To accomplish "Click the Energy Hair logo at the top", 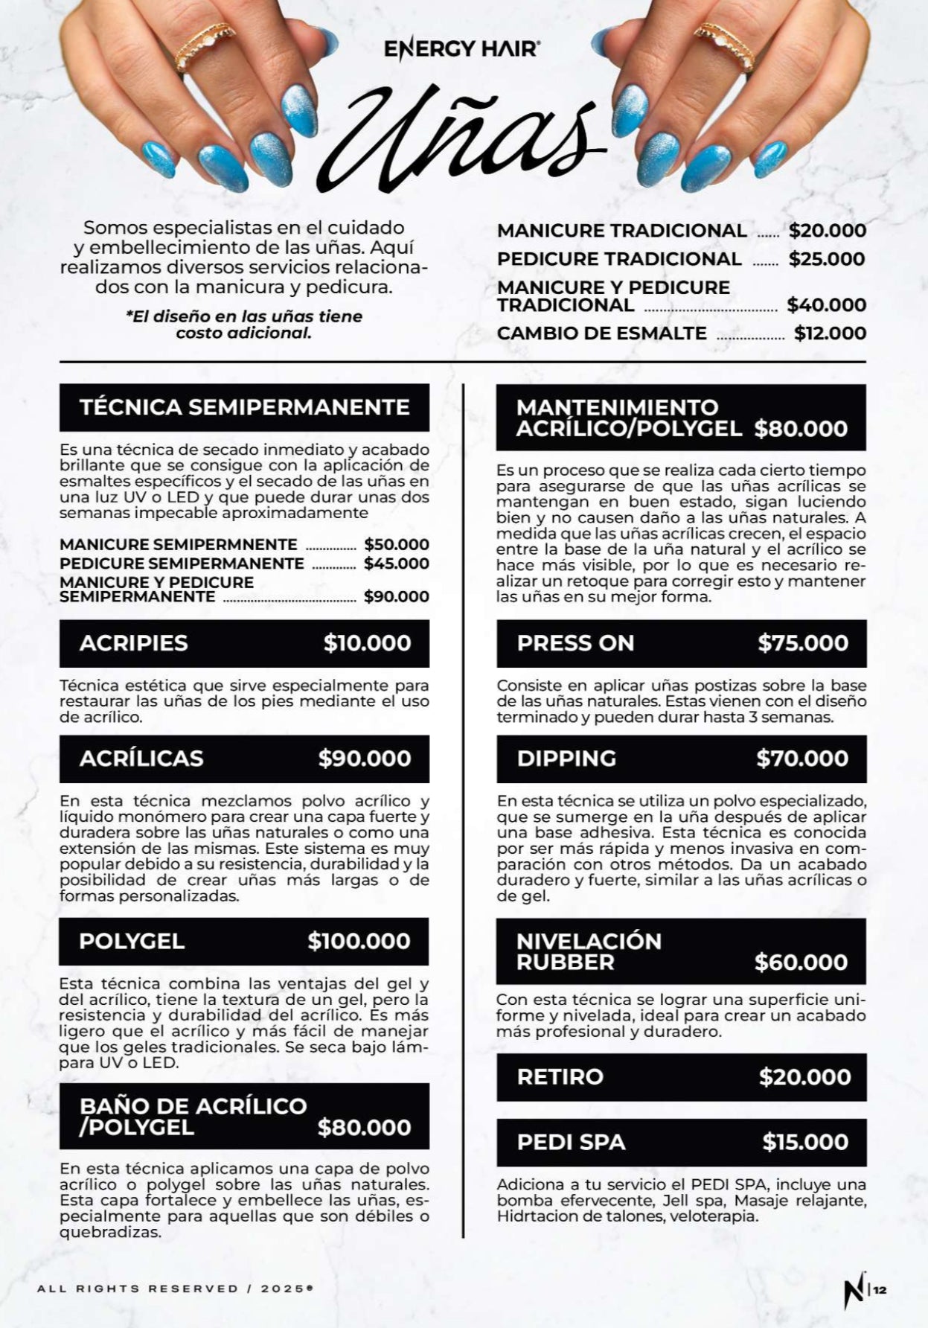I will (x=461, y=50).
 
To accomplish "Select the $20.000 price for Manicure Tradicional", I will (x=828, y=231).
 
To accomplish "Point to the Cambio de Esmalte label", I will (x=601, y=333).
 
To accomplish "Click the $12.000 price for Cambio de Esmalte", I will (x=830, y=333).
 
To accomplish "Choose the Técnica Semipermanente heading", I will (x=244, y=407).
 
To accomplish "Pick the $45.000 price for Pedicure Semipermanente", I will (x=396, y=564).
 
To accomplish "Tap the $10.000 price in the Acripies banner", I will (x=367, y=643).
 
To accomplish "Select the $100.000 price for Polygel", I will (x=359, y=941).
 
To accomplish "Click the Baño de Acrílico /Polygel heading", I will (x=193, y=1116).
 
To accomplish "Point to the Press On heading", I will (x=575, y=643).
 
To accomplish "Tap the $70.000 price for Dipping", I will (x=802, y=759).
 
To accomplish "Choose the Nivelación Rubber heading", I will (x=589, y=951).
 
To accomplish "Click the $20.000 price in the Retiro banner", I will (x=804, y=1076).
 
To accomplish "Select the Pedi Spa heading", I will (x=571, y=1142).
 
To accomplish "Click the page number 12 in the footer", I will (x=880, y=1291).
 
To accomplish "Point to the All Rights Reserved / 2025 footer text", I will (x=175, y=1289).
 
